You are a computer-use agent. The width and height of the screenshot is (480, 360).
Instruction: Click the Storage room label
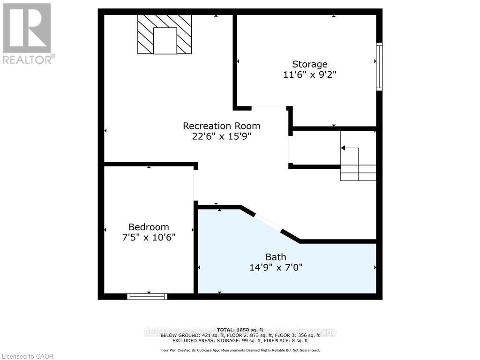point(310,64)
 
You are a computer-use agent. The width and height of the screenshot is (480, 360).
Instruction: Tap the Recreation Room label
point(221,126)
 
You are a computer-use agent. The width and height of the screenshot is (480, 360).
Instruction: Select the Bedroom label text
point(149,227)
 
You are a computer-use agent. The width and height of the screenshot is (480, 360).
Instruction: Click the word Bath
point(276,257)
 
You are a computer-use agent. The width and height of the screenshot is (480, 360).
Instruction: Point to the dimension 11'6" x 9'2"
point(310,74)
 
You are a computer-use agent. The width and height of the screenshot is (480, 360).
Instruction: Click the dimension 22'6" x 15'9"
point(221,136)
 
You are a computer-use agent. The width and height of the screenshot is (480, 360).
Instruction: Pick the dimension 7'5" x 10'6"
point(149,237)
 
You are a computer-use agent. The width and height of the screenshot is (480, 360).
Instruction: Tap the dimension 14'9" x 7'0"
point(276,267)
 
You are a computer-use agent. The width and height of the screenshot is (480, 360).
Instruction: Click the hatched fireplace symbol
point(165,34)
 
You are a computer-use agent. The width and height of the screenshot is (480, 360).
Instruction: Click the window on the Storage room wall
point(379,67)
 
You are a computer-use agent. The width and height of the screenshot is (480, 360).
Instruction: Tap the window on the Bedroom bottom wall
point(147,296)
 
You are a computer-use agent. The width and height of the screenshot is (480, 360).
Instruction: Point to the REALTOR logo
point(27,33)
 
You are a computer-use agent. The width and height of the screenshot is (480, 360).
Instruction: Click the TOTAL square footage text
point(240,330)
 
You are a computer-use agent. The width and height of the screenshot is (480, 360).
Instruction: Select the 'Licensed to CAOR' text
point(28,356)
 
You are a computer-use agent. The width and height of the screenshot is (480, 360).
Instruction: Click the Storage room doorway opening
point(269,107)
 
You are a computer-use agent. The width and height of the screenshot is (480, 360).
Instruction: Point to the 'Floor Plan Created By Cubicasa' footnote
point(240,350)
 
